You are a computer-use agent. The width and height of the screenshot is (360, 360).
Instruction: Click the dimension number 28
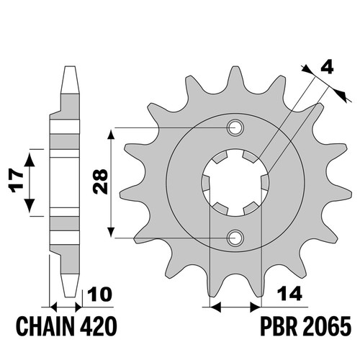tap(100, 181)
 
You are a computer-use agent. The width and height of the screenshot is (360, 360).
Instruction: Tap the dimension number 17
tap(17, 181)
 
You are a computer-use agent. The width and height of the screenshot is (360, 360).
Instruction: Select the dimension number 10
tap(100, 294)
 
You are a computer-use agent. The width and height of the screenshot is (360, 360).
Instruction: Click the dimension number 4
tap(328, 67)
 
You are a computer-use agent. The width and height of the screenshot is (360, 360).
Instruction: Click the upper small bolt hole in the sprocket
tap(235, 127)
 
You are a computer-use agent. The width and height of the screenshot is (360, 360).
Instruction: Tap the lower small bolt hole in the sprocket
tap(235, 238)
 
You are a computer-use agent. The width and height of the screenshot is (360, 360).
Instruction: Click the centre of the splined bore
tap(235, 183)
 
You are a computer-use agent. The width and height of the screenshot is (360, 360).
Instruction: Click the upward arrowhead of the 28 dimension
tap(111, 135)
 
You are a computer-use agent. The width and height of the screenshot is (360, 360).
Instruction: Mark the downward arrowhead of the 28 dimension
tap(111, 232)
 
